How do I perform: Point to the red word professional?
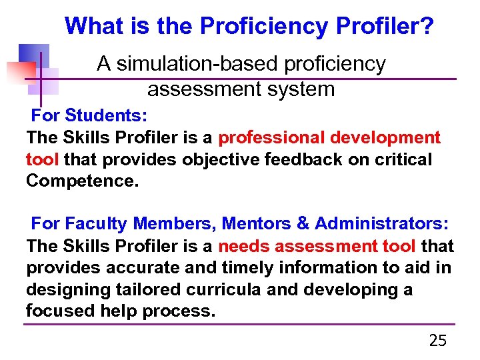(x=269, y=138)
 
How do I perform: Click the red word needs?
(x=244, y=246)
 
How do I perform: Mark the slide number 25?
(x=438, y=341)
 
